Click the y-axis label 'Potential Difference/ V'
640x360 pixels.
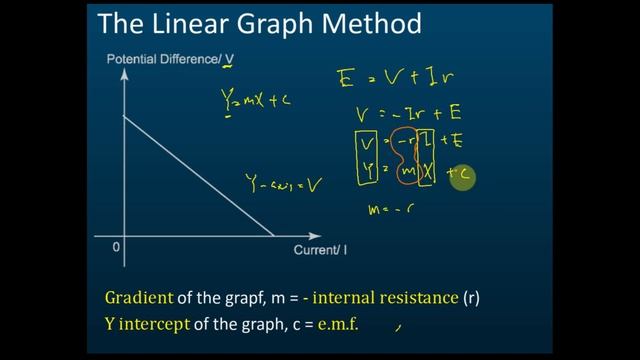(x=169, y=60)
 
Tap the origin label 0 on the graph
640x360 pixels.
(x=116, y=247)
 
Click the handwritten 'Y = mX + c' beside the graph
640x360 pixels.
(x=256, y=100)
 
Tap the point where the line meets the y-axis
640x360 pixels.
(x=124, y=116)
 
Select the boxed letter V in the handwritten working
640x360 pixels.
(x=368, y=146)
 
